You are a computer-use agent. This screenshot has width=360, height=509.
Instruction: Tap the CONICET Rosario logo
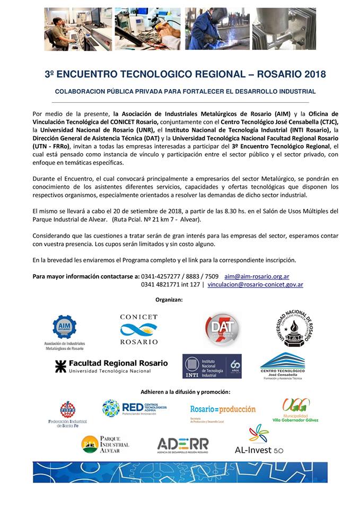[138, 329]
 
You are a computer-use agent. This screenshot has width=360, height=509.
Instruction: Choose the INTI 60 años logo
[212, 366]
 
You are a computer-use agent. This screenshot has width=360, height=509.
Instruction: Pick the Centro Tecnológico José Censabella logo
[282, 366]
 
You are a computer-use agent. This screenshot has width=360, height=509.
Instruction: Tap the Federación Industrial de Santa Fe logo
[67, 414]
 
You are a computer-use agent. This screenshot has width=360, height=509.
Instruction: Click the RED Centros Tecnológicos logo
[134, 408]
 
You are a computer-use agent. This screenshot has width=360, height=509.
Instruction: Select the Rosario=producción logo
[223, 411]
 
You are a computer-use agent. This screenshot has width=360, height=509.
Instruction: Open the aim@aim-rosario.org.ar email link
[257, 276]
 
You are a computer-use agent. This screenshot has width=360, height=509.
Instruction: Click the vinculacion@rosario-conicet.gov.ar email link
[255, 285]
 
